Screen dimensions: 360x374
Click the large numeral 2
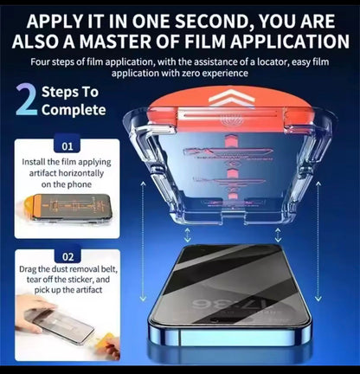tap(27, 100)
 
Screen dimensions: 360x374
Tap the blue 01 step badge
tap(67, 146)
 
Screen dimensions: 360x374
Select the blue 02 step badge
tap(67, 256)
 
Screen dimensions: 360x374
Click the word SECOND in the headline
tap(211, 22)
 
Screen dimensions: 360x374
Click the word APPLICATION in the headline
tap(289, 42)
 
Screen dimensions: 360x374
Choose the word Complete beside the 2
tap(74, 111)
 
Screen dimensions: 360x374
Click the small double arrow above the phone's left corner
tap(188, 235)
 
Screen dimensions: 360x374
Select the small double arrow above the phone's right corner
tap(278, 235)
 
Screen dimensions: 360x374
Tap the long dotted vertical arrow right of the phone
tap(318, 242)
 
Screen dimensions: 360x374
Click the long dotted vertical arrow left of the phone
tap(143, 242)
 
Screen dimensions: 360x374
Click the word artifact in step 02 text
tap(89, 290)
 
